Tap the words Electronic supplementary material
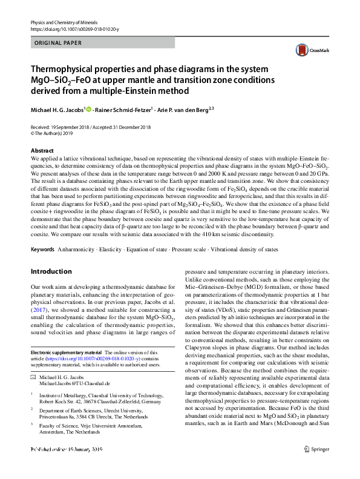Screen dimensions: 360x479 [66, 352]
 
